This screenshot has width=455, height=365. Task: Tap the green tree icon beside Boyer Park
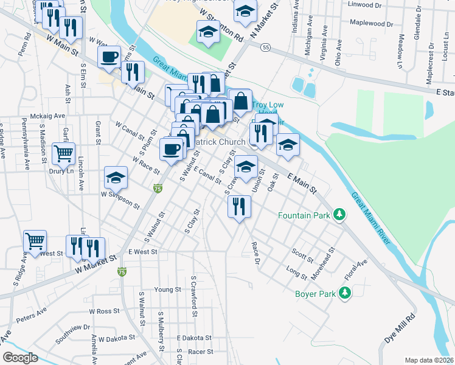345,294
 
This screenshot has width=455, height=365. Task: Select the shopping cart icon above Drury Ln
64,154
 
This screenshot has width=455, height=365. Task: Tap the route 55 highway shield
265,46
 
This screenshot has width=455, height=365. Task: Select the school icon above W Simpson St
116,178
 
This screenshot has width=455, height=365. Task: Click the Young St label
168,289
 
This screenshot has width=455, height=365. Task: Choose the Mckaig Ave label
47,116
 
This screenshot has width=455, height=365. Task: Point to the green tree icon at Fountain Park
342,215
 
